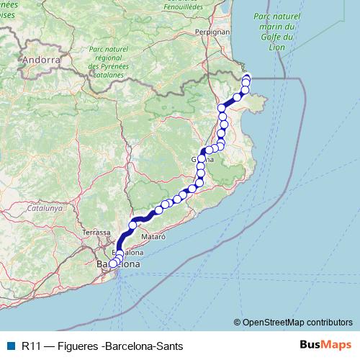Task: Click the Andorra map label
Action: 41,60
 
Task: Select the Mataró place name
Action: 153,236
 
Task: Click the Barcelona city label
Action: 118,265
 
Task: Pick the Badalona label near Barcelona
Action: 126,253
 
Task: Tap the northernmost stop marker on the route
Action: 247,78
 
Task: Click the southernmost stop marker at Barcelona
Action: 113,264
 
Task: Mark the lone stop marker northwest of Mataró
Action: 132,225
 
